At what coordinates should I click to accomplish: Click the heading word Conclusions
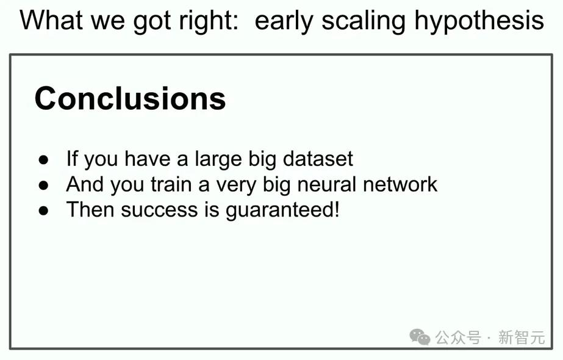130,98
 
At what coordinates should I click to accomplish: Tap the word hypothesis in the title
479,21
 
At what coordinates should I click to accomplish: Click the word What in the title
51,20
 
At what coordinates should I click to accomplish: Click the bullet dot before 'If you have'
43,159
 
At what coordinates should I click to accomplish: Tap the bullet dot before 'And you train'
43,185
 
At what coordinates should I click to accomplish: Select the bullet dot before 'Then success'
43,211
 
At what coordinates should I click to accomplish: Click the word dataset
318,159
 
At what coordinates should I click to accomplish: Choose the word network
400,184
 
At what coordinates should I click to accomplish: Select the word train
171,184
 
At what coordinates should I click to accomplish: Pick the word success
159,210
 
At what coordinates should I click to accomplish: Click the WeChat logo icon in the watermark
420,337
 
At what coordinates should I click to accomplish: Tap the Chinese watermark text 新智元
522,337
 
